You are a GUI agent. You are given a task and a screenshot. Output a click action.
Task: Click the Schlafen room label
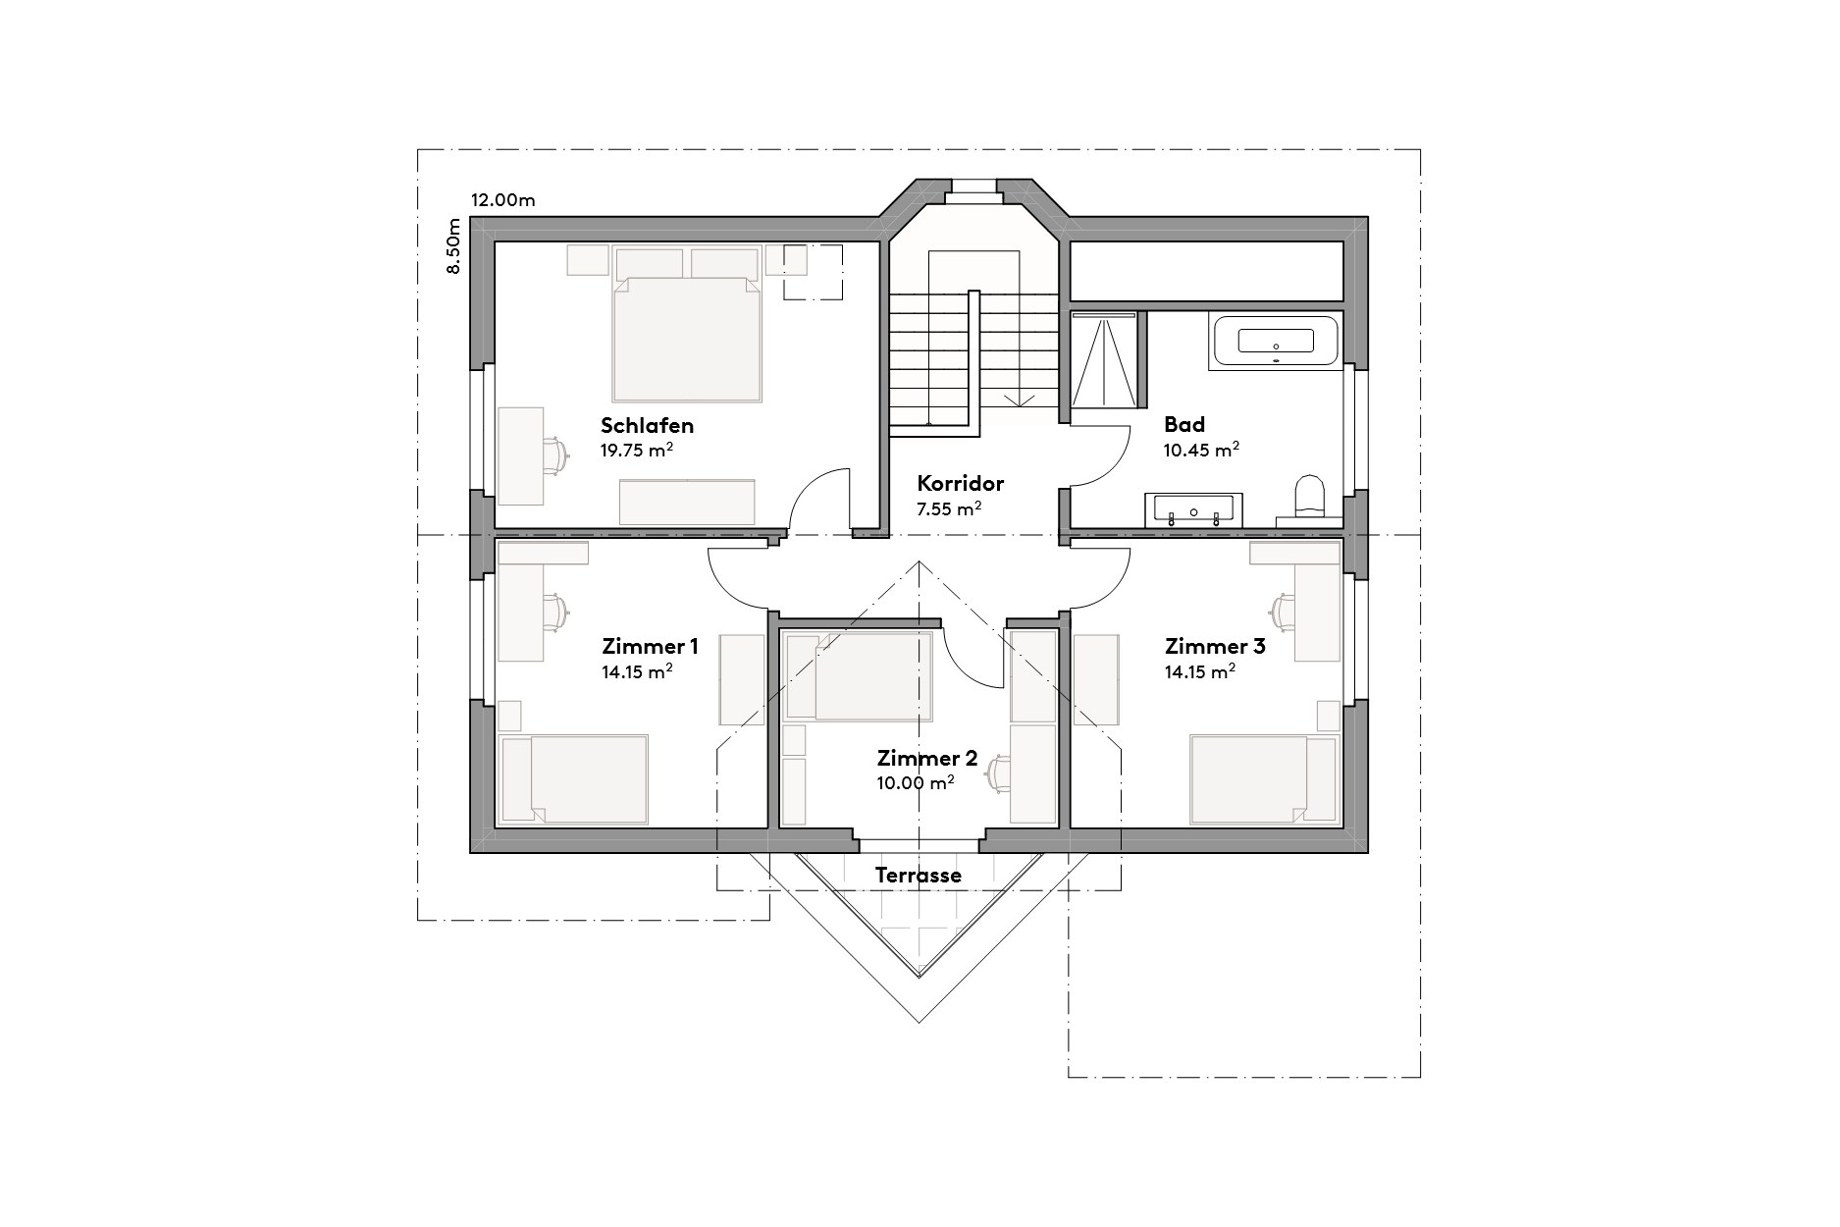tap(647, 426)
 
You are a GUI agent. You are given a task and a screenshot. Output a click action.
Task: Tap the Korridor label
tap(960, 483)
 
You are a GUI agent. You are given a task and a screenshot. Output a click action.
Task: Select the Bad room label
tap(1183, 425)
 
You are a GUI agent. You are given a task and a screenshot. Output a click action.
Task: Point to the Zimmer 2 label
tap(926, 758)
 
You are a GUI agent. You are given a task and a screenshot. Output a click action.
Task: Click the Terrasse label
tap(918, 875)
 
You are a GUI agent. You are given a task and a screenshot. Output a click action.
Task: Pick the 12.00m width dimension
tap(502, 200)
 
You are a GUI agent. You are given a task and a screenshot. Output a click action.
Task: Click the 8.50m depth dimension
tap(453, 246)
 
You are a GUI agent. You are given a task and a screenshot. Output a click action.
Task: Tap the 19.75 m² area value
tap(636, 451)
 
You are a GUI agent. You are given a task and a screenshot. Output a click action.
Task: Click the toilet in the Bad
tap(1309, 496)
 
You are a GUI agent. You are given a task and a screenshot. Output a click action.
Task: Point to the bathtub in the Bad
tap(1275, 342)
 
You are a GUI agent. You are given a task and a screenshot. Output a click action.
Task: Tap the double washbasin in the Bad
tap(1192, 510)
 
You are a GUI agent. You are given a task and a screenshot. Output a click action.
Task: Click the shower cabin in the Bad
tap(1104, 359)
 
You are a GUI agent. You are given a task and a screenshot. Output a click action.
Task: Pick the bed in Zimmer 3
tap(1262, 778)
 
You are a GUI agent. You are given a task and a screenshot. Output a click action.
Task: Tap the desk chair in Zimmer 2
tap(999, 772)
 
